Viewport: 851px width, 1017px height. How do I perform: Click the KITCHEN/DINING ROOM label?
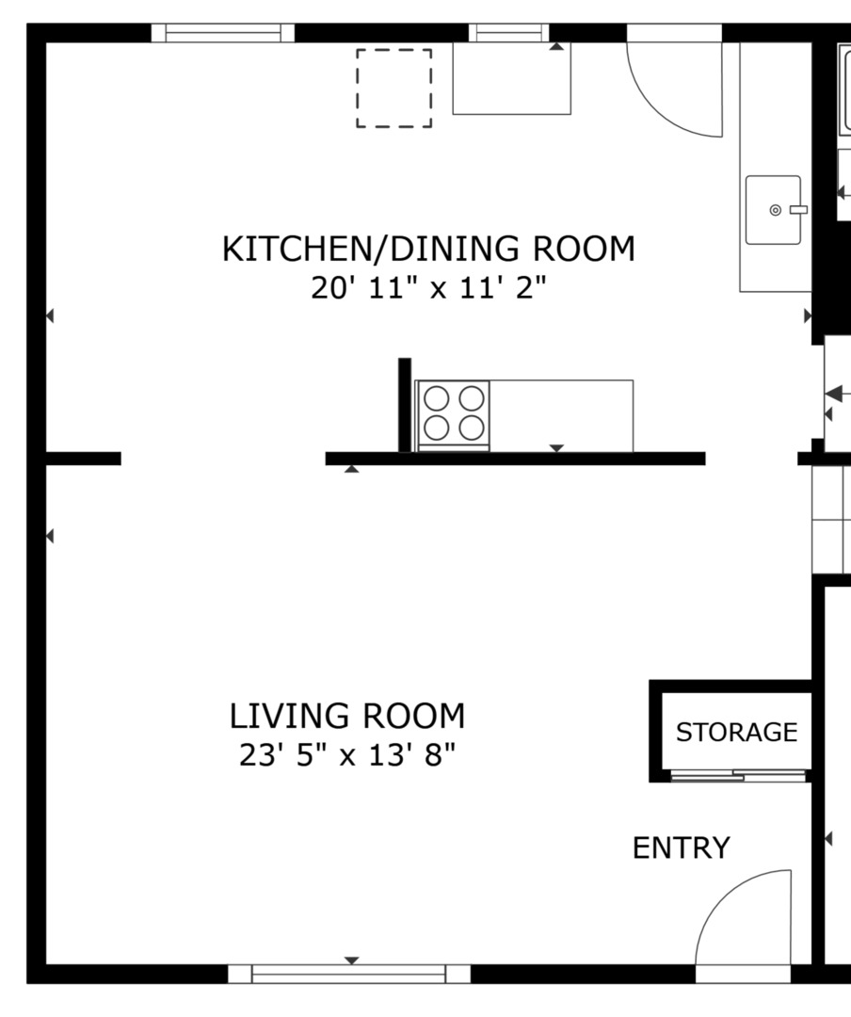pyautogui.click(x=428, y=250)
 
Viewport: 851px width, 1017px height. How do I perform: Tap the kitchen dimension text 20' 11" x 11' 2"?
pyautogui.click(x=428, y=287)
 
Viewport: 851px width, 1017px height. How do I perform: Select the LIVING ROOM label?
pyautogui.click(x=347, y=717)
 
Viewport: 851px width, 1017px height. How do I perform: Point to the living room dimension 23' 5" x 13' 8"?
pyautogui.click(x=347, y=755)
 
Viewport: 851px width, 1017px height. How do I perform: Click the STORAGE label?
pyautogui.click(x=736, y=732)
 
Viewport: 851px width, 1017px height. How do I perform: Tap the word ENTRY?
pyautogui.click(x=681, y=848)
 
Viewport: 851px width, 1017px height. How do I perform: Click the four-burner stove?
pyautogui.click(x=453, y=414)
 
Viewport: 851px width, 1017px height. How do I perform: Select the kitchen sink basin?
pyautogui.click(x=772, y=210)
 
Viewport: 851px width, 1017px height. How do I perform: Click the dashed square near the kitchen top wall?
pyautogui.click(x=393, y=89)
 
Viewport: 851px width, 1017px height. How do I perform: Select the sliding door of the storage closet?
pyautogui.click(x=740, y=776)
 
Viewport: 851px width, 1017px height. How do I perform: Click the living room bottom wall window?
pyautogui.click(x=349, y=974)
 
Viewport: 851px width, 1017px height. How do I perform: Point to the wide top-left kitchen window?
pyautogui.click(x=223, y=33)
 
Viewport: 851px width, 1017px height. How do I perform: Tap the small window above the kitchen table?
pyautogui.click(x=509, y=33)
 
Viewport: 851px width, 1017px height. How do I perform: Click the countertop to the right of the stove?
pyautogui.click(x=561, y=414)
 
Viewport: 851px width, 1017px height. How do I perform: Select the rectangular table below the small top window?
pyautogui.click(x=511, y=79)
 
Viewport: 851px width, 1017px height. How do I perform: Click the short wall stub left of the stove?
pyautogui.click(x=405, y=405)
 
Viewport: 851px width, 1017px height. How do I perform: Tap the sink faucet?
pyautogui.click(x=797, y=210)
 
